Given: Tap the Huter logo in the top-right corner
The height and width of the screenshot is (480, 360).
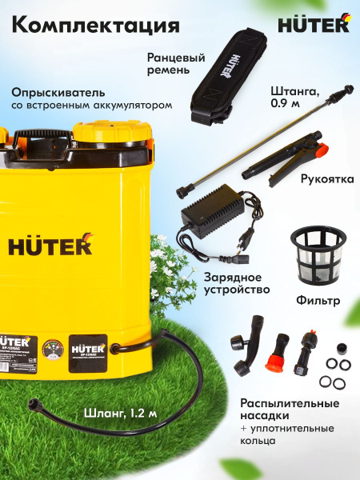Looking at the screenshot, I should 314,25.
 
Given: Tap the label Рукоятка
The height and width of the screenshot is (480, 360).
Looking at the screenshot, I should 327,180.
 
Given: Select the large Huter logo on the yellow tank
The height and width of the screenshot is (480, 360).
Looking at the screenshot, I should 50,245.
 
